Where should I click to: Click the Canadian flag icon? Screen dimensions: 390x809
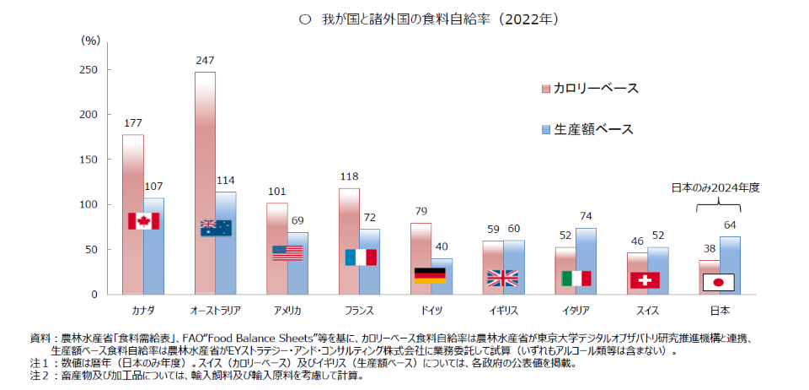pyautogui.click(x=143, y=221)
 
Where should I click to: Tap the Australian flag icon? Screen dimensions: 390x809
pyautogui.click(x=216, y=228)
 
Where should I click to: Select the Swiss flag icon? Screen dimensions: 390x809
pyautogui.click(x=645, y=279)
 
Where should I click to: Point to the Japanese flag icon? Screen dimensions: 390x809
pyautogui.click(x=718, y=282)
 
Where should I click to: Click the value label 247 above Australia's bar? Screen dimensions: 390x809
pyautogui.click(x=205, y=61)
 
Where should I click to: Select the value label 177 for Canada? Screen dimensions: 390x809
pyautogui.click(x=132, y=123)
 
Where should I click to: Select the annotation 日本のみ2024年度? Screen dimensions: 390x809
pyautogui.click(x=715, y=188)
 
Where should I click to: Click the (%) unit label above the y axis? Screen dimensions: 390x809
pyautogui.click(x=91, y=40)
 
